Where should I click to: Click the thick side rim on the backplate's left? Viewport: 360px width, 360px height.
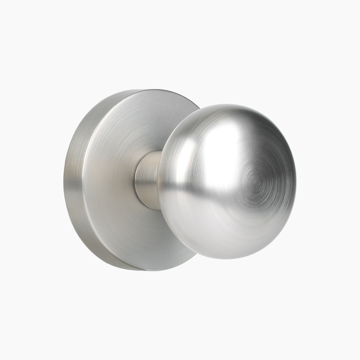coord(74,180)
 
